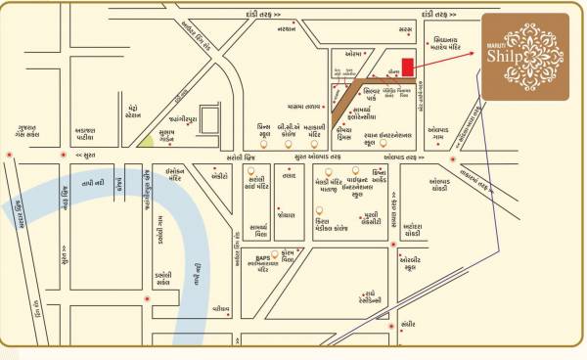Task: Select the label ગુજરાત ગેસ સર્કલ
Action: (28, 132)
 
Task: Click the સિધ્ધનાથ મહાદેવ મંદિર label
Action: (453, 45)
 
